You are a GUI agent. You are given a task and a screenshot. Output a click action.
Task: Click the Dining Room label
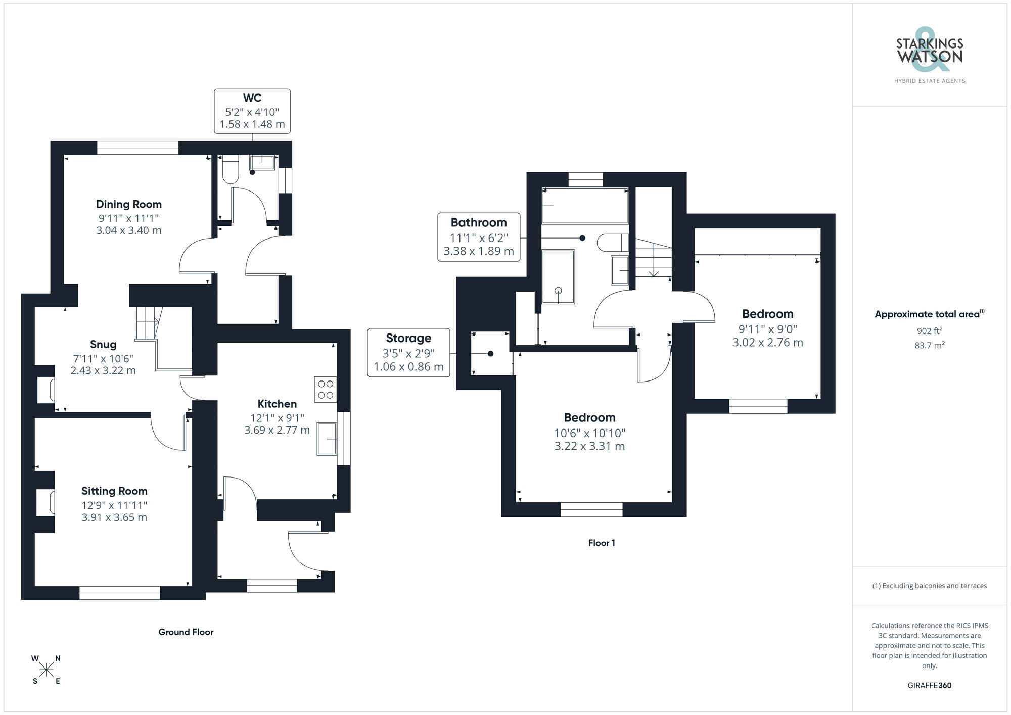point(129,204)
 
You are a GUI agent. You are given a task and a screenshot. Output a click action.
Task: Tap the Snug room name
point(103,344)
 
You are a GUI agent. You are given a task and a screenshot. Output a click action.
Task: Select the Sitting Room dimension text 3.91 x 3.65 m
point(114,517)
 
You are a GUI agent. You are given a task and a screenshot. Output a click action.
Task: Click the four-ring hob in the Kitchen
point(326,390)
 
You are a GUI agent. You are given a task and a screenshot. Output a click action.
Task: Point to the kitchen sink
point(327,439)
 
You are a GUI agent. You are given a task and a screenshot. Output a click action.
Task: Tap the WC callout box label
point(252,98)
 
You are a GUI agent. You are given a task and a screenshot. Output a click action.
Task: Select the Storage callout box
point(408,352)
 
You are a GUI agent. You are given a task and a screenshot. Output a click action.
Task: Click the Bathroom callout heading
point(479,222)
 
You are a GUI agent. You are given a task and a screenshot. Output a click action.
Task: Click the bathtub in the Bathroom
point(585,206)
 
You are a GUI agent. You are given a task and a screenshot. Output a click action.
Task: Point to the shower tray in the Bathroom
point(558,276)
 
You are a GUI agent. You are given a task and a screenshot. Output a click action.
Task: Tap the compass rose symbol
point(47,670)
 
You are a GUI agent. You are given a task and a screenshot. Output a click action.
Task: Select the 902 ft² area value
point(930,331)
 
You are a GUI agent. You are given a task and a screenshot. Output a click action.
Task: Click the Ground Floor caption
point(186,632)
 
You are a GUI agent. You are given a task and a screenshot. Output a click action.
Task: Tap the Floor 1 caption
point(602,543)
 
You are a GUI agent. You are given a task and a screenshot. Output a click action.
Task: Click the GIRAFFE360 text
point(930,685)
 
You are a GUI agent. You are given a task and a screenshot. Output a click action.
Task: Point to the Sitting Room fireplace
point(47,502)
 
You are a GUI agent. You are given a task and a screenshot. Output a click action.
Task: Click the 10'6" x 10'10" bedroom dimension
point(589,433)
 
